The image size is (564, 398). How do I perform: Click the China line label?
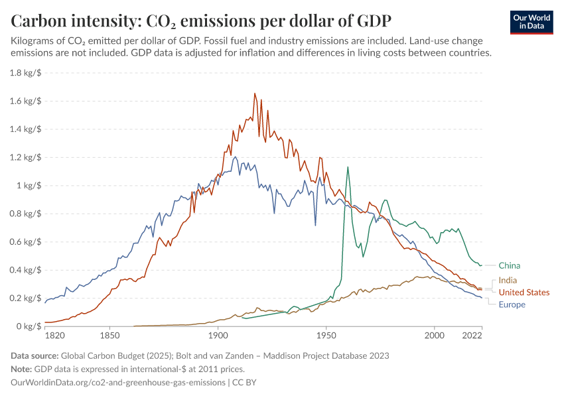coord(509,265)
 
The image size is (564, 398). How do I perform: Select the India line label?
coord(508,281)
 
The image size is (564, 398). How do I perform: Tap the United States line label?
coord(524,293)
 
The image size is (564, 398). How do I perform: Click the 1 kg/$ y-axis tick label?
coord(29,186)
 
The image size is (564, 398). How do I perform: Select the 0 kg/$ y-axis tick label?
coord(29,326)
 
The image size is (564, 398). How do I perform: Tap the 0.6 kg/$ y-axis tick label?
coord(26,242)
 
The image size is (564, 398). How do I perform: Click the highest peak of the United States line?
coord(255,94)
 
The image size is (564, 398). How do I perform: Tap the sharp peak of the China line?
coord(347,167)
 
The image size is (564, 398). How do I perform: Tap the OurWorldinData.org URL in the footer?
coord(118,383)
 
